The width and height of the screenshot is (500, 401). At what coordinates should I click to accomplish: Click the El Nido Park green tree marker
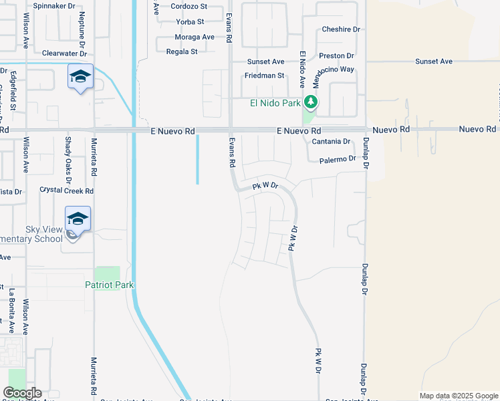(310, 102)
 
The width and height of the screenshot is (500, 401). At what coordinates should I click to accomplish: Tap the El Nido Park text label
(275, 103)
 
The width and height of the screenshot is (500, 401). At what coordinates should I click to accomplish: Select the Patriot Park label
(110, 285)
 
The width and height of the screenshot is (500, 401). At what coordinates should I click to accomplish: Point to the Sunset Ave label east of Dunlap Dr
(434, 61)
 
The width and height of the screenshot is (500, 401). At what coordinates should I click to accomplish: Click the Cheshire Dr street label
(341, 29)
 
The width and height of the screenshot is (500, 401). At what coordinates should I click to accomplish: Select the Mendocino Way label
(333, 69)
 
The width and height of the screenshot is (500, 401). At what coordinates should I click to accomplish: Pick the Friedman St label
(265, 76)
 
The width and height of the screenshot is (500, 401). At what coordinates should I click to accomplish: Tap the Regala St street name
(182, 51)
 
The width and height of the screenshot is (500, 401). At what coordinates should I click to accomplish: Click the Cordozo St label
(189, 7)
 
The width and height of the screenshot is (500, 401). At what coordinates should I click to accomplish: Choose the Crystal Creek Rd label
(66, 190)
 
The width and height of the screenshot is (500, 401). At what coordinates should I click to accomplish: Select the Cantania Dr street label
(332, 142)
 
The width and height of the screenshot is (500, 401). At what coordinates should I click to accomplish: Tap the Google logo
(23, 393)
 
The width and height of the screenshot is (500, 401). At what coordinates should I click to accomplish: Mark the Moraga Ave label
(195, 37)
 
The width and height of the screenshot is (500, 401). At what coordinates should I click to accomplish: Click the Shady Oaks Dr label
(68, 154)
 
